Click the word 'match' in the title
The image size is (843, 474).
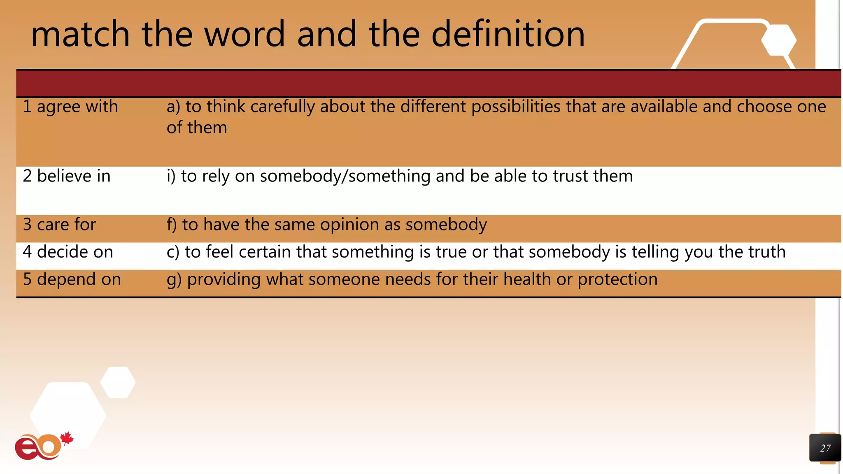[x=80, y=34]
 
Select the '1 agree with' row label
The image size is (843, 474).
[x=70, y=107]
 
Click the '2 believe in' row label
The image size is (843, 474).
[x=67, y=176]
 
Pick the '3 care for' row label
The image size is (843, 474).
[x=59, y=225]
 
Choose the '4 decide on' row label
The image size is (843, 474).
[x=68, y=252]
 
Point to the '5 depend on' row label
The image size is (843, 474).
[x=72, y=279]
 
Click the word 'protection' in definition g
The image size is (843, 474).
[x=617, y=279]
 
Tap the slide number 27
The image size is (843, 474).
[x=825, y=448]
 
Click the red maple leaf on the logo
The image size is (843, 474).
[x=67, y=438]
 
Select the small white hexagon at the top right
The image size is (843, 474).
[x=778, y=40]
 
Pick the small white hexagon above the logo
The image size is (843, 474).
[x=118, y=382]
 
